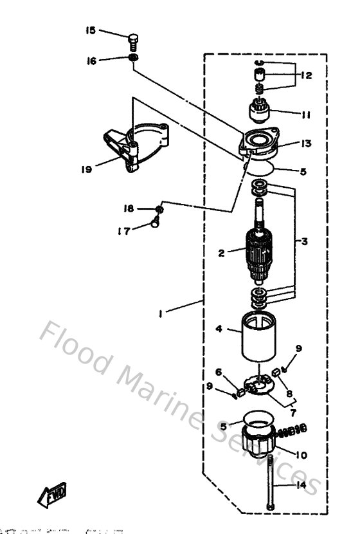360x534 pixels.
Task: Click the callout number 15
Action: [91, 30]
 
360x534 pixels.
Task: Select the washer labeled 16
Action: [133, 60]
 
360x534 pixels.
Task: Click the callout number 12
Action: [305, 75]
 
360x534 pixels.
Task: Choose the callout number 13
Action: [306, 143]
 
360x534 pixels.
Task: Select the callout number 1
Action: [162, 313]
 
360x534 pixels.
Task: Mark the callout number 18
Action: [129, 208]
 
